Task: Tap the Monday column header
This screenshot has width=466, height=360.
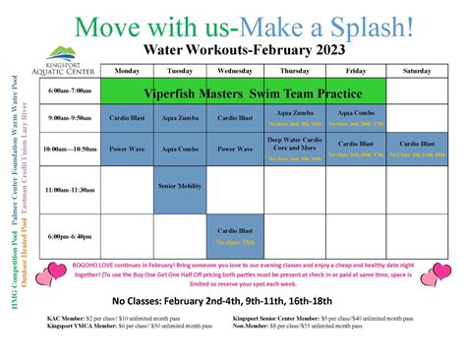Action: tap(127, 71)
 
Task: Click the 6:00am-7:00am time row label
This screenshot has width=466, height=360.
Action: tap(71, 91)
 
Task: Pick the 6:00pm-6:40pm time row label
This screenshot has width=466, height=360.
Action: tap(71, 236)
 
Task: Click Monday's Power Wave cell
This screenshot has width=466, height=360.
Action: tap(127, 150)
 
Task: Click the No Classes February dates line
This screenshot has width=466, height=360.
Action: tap(232, 301)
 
